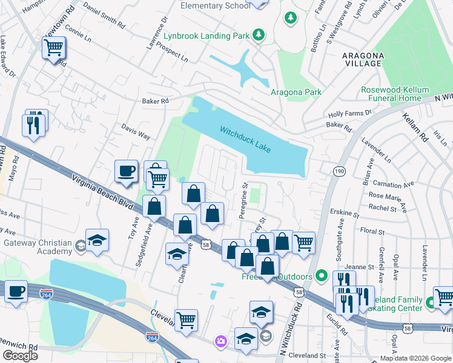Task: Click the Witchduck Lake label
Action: point(245,140)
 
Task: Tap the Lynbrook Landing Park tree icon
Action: point(259,35)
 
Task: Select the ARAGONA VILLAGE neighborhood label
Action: point(363,59)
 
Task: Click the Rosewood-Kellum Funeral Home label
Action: point(391,94)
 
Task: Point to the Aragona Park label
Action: point(296,92)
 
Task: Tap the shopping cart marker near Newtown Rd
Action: point(54,47)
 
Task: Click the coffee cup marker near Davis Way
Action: point(126,171)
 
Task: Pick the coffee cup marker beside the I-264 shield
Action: point(16,291)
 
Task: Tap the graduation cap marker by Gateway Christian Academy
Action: point(97,240)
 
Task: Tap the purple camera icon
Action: point(221,342)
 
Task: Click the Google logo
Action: point(21,355)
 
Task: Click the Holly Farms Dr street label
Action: point(349,114)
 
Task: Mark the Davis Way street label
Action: point(136,132)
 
